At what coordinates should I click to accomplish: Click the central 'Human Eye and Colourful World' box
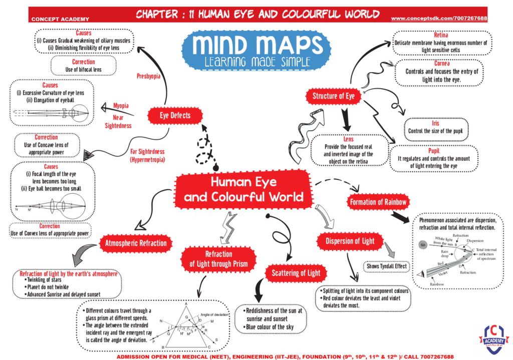[x=243, y=189]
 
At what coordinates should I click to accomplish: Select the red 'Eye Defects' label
[x=175, y=116]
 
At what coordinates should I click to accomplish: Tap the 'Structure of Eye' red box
[x=333, y=96]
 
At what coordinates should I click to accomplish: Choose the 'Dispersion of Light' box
[x=350, y=241]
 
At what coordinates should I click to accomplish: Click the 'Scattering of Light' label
[x=296, y=273]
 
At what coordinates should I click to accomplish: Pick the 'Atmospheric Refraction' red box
[x=136, y=243]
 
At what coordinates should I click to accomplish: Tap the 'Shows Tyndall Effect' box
[x=387, y=266]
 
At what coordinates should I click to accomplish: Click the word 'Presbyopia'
[x=149, y=77]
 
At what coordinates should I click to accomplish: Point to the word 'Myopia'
[x=121, y=106]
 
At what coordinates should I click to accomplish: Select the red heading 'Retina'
[x=441, y=36]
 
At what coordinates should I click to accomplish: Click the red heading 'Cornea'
[x=442, y=64]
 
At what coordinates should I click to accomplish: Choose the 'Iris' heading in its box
[x=435, y=123]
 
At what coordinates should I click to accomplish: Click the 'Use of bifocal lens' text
[x=83, y=69]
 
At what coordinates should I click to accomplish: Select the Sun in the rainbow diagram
[x=423, y=245]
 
